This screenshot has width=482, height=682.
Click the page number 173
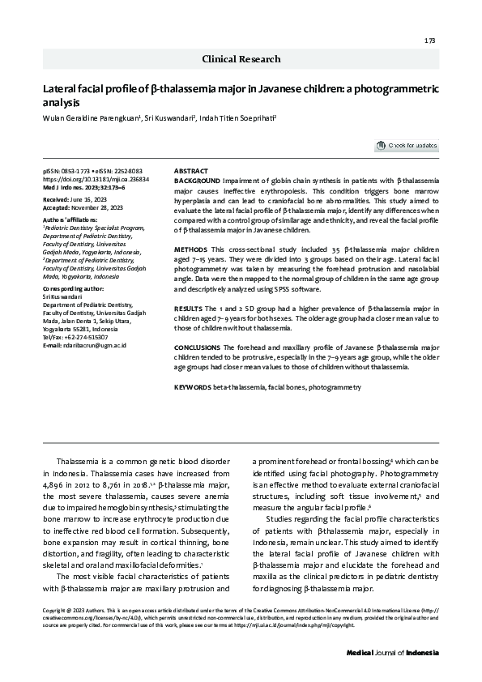click(430, 40)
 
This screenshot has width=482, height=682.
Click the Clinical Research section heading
click(241, 59)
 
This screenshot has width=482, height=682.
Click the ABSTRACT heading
click(191, 172)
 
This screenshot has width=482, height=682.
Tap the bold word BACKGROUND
click(198, 180)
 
